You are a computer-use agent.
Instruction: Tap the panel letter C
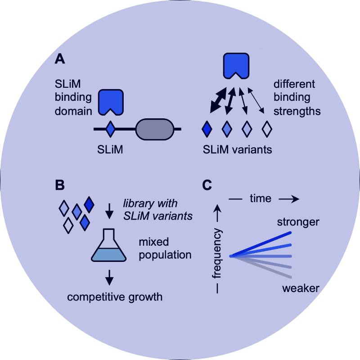(207, 184)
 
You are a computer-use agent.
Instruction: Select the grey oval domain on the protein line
(154, 129)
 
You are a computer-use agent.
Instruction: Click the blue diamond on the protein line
(110, 129)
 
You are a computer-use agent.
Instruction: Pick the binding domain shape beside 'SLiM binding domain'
(111, 101)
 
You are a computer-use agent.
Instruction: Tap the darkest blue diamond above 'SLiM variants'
(207, 129)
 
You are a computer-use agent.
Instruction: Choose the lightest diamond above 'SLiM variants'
(267, 129)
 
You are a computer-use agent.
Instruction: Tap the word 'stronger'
(298, 222)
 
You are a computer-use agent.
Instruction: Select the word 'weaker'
(301, 288)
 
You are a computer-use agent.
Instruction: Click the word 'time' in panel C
(261, 198)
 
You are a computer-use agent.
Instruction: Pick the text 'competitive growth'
(115, 297)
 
